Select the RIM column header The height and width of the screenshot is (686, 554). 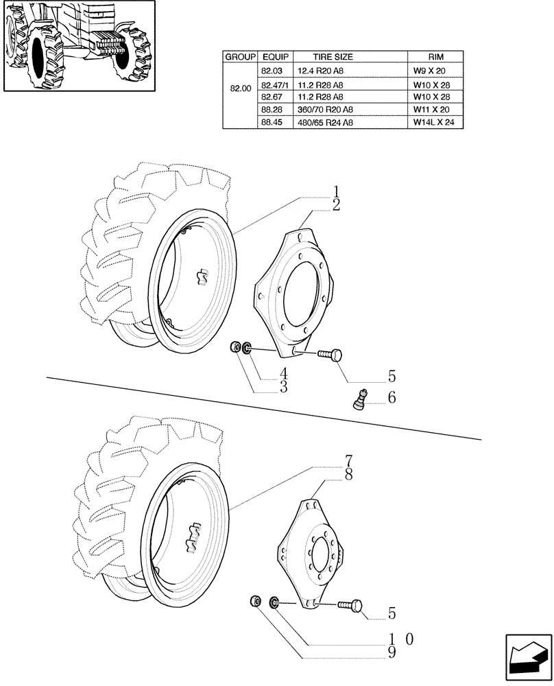click(x=434, y=58)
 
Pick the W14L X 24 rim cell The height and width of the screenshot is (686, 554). click(x=434, y=122)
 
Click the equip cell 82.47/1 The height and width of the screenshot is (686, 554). click(x=275, y=84)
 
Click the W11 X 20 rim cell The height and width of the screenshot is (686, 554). click(x=434, y=109)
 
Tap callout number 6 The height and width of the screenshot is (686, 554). click(x=392, y=398)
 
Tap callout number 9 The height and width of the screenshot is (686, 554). click(x=392, y=652)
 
